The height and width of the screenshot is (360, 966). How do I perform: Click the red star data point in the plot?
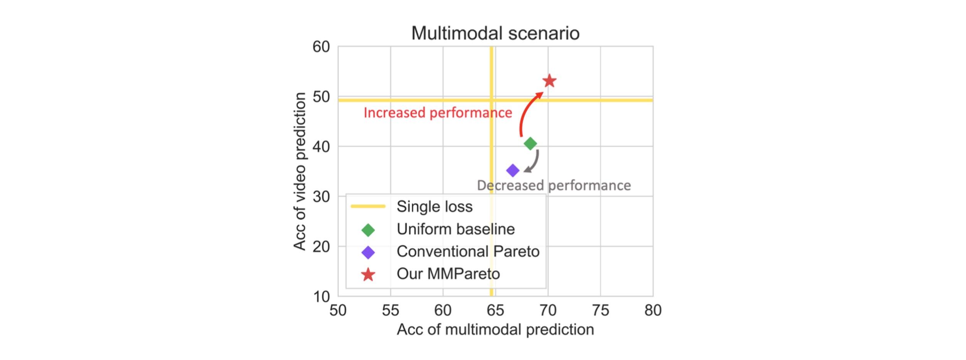tap(549, 81)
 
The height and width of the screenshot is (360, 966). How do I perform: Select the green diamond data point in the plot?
tap(530, 143)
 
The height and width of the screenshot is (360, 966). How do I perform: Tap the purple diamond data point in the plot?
tap(513, 170)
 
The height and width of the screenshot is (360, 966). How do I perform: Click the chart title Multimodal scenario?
tap(495, 33)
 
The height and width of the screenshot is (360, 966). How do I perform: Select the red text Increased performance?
tap(438, 113)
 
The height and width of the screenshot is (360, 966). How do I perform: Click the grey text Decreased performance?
tap(554, 185)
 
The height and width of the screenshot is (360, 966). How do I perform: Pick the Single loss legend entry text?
tap(434, 207)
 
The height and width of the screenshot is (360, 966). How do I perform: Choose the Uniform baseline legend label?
tap(456, 229)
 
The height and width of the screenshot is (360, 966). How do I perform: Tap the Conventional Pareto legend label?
tap(468, 252)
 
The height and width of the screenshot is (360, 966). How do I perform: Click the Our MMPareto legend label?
tap(448, 274)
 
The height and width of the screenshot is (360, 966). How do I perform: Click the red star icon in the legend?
tap(368, 275)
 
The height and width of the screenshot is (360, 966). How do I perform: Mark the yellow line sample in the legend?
tap(368, 207)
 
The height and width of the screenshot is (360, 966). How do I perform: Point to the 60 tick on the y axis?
tap(321, 47)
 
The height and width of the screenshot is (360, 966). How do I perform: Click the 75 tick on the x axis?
tap(600, 310)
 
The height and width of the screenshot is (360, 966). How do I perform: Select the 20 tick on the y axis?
tap(321, 247)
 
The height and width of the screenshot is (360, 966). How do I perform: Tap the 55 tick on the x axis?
tap(390, 310)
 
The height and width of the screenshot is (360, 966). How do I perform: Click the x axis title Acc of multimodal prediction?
tap(495, 330)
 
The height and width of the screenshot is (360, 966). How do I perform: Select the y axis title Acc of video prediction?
tap(300, 172)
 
